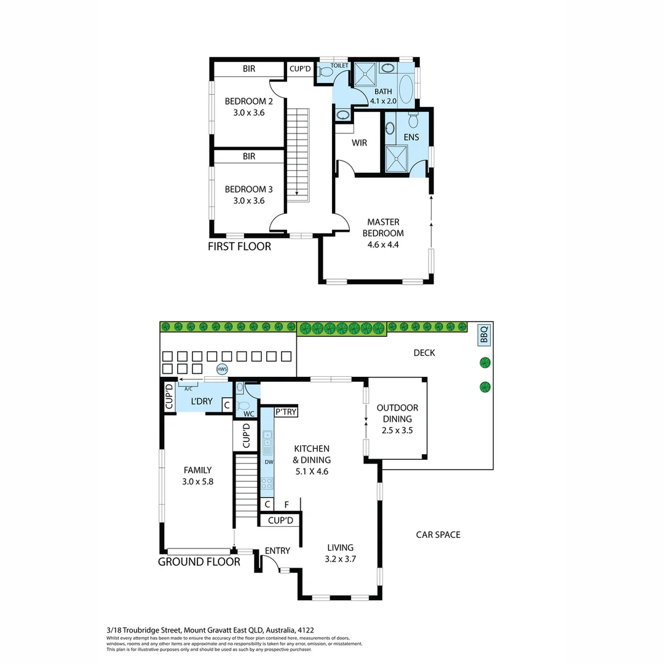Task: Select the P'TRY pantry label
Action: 286,412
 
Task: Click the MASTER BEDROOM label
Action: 383,227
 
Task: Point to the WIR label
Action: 359,143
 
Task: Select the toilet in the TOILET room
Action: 326,73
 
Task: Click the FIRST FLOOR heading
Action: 239,247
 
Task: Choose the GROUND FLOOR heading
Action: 199,561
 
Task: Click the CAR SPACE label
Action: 438,535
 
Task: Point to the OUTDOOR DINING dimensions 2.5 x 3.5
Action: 397,430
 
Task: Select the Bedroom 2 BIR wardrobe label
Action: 248,69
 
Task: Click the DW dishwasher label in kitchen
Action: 268,462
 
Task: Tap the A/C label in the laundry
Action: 188,389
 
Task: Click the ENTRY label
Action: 277,551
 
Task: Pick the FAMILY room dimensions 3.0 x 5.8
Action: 197,481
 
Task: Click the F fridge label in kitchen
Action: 287,505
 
